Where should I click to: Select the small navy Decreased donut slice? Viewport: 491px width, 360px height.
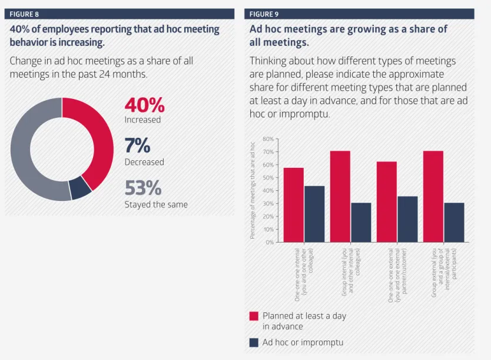80,187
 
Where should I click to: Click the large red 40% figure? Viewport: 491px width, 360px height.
144,105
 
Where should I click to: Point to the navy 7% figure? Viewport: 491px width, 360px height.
137,146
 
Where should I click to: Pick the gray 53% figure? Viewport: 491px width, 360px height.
143,188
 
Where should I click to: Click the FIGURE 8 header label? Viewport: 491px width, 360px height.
24,14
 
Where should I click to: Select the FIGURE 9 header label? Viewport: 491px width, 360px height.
264,14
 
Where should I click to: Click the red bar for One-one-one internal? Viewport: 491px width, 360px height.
293,205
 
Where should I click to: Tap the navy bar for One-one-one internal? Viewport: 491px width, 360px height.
314,214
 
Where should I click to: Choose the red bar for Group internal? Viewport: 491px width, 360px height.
340,196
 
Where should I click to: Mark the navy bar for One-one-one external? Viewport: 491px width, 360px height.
407,219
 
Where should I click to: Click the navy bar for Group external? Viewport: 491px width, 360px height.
454,223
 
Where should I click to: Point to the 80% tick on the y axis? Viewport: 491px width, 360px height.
268,139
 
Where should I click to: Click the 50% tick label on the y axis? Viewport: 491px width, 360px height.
268,178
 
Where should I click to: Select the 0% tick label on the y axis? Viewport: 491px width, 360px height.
270,242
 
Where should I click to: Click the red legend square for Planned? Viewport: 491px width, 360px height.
254,316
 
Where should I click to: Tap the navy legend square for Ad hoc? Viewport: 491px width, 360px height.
254,342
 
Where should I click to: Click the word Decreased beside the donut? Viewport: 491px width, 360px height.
144,162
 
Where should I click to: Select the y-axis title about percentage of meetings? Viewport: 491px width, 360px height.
253,190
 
